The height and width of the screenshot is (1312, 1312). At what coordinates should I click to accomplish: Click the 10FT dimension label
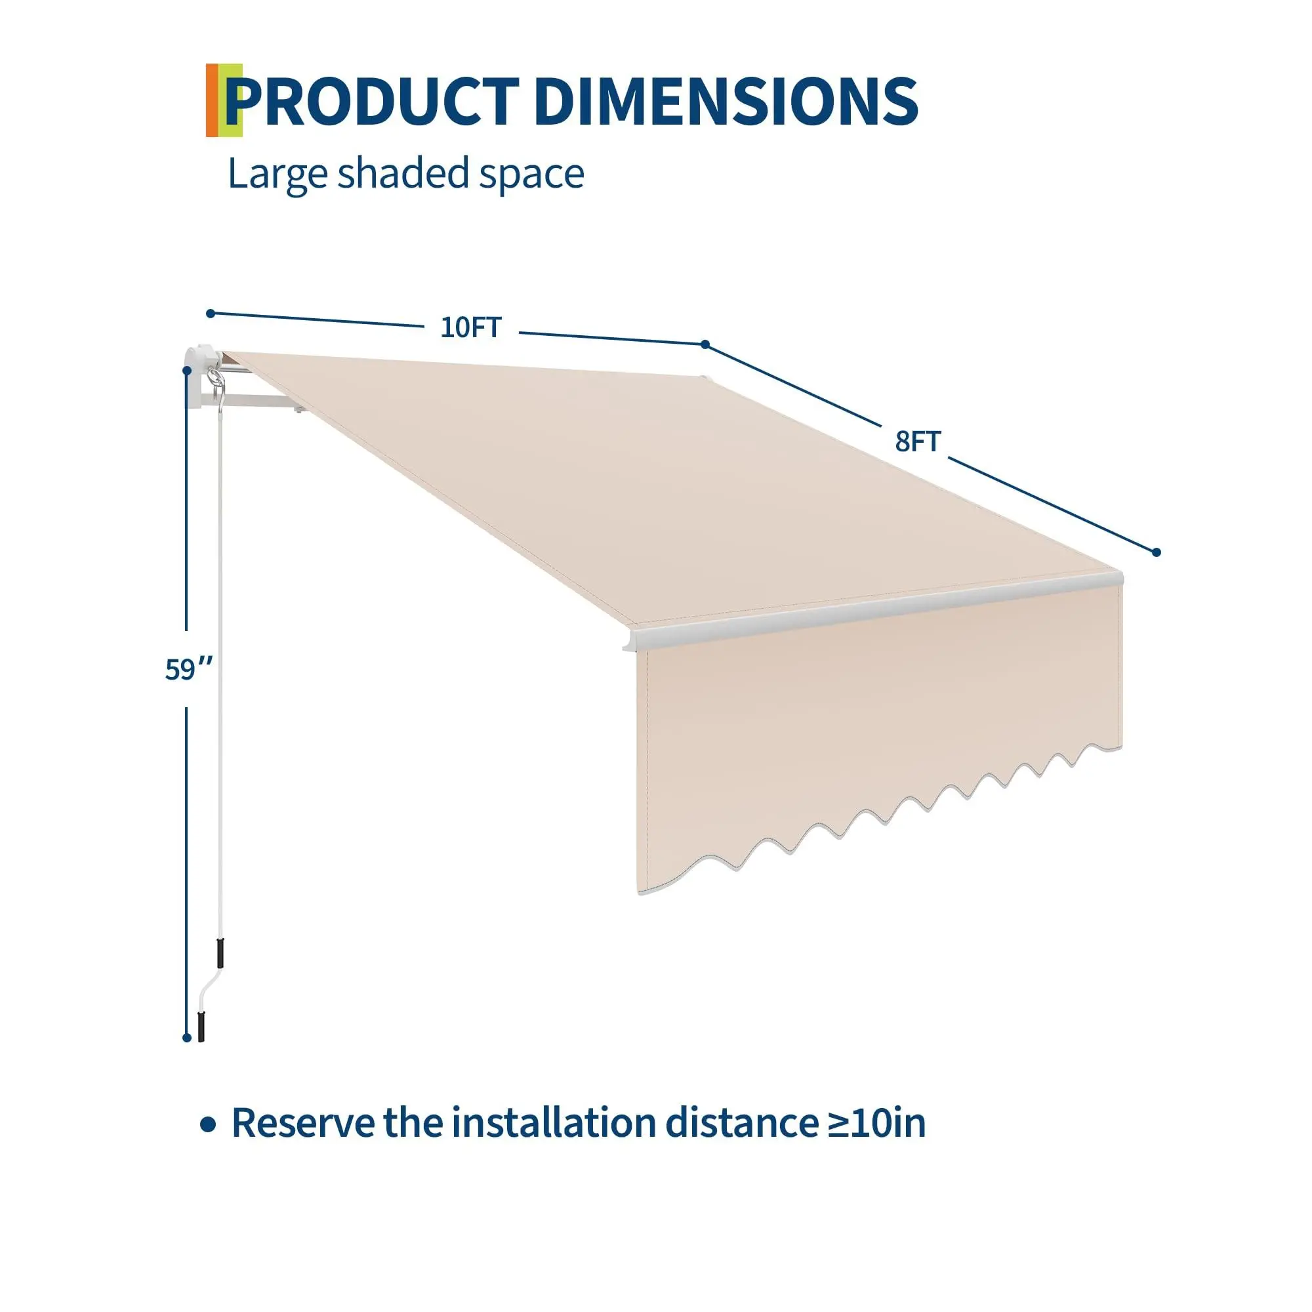pos(470,327)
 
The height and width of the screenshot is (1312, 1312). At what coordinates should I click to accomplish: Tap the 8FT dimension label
pos(918,441)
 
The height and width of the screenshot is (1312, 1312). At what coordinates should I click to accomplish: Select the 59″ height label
pos(189,669)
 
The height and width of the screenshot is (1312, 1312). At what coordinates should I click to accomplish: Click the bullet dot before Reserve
pos(208,1125)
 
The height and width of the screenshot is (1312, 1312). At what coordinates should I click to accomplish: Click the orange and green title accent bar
pos(224,100)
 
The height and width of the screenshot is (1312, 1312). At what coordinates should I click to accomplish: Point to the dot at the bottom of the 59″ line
pos(187,1038)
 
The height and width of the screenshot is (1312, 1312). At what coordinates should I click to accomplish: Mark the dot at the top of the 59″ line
pos(187,371)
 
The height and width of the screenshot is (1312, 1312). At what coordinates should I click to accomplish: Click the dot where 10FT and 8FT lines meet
pos(705,344)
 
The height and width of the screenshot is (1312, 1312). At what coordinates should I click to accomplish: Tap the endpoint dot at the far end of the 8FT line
pos(1157,552)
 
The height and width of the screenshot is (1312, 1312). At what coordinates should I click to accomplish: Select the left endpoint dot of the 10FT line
pos(211,313)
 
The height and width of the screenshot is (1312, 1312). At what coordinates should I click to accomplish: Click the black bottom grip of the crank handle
pos(201,1027)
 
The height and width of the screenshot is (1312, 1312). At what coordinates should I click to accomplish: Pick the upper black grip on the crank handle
pos(220,953)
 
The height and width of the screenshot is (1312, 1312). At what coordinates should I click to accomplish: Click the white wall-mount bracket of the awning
pos(201,377)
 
